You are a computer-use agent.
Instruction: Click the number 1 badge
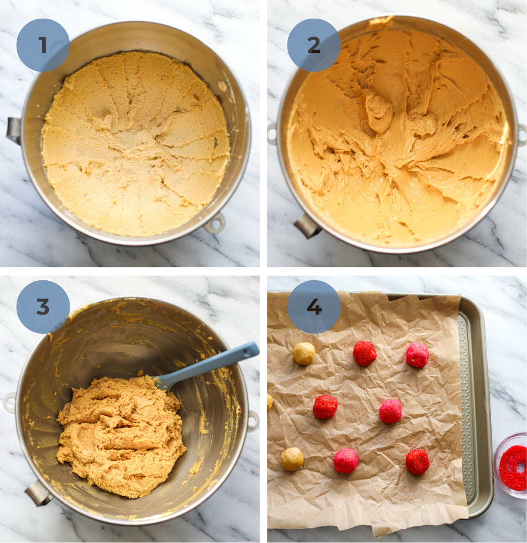43,45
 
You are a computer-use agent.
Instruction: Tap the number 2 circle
314,45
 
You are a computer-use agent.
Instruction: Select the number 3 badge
43,307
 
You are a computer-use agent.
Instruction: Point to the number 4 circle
314,307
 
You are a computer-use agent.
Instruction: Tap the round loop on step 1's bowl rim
215,223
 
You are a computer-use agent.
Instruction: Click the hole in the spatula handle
247,352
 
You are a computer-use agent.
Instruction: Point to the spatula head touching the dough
165,381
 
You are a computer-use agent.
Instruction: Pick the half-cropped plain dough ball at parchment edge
270,402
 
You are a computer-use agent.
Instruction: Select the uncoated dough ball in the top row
304,353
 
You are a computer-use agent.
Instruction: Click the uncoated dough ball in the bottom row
292,459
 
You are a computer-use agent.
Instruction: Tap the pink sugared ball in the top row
417,355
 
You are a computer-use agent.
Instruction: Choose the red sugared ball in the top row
365,353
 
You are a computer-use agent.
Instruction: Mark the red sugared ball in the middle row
325,407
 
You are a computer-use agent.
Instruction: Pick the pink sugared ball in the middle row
390,411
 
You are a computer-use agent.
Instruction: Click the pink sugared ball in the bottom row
346,461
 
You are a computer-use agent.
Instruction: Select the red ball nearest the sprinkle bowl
417,461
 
